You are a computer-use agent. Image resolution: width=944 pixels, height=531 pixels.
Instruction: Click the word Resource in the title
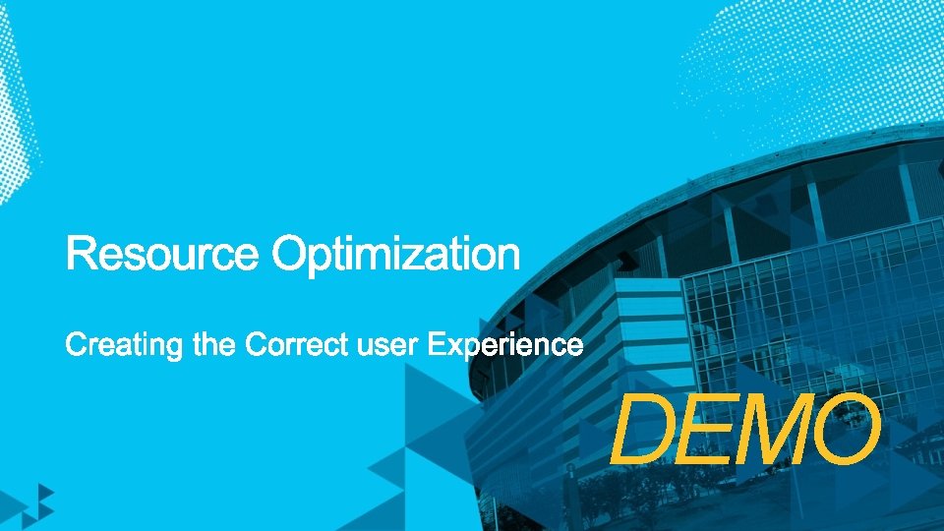[163, 256]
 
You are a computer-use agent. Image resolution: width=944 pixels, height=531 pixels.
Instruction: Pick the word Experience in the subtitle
[505, 347]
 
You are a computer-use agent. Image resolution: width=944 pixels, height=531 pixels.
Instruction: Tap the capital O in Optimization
[292, 255]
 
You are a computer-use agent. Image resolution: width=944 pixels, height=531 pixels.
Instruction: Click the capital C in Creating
[76, 345]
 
